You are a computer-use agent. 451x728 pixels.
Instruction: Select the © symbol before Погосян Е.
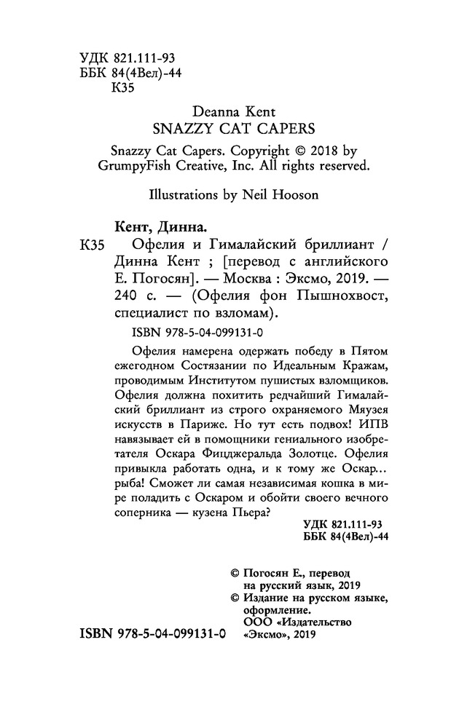pos(235,574)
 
